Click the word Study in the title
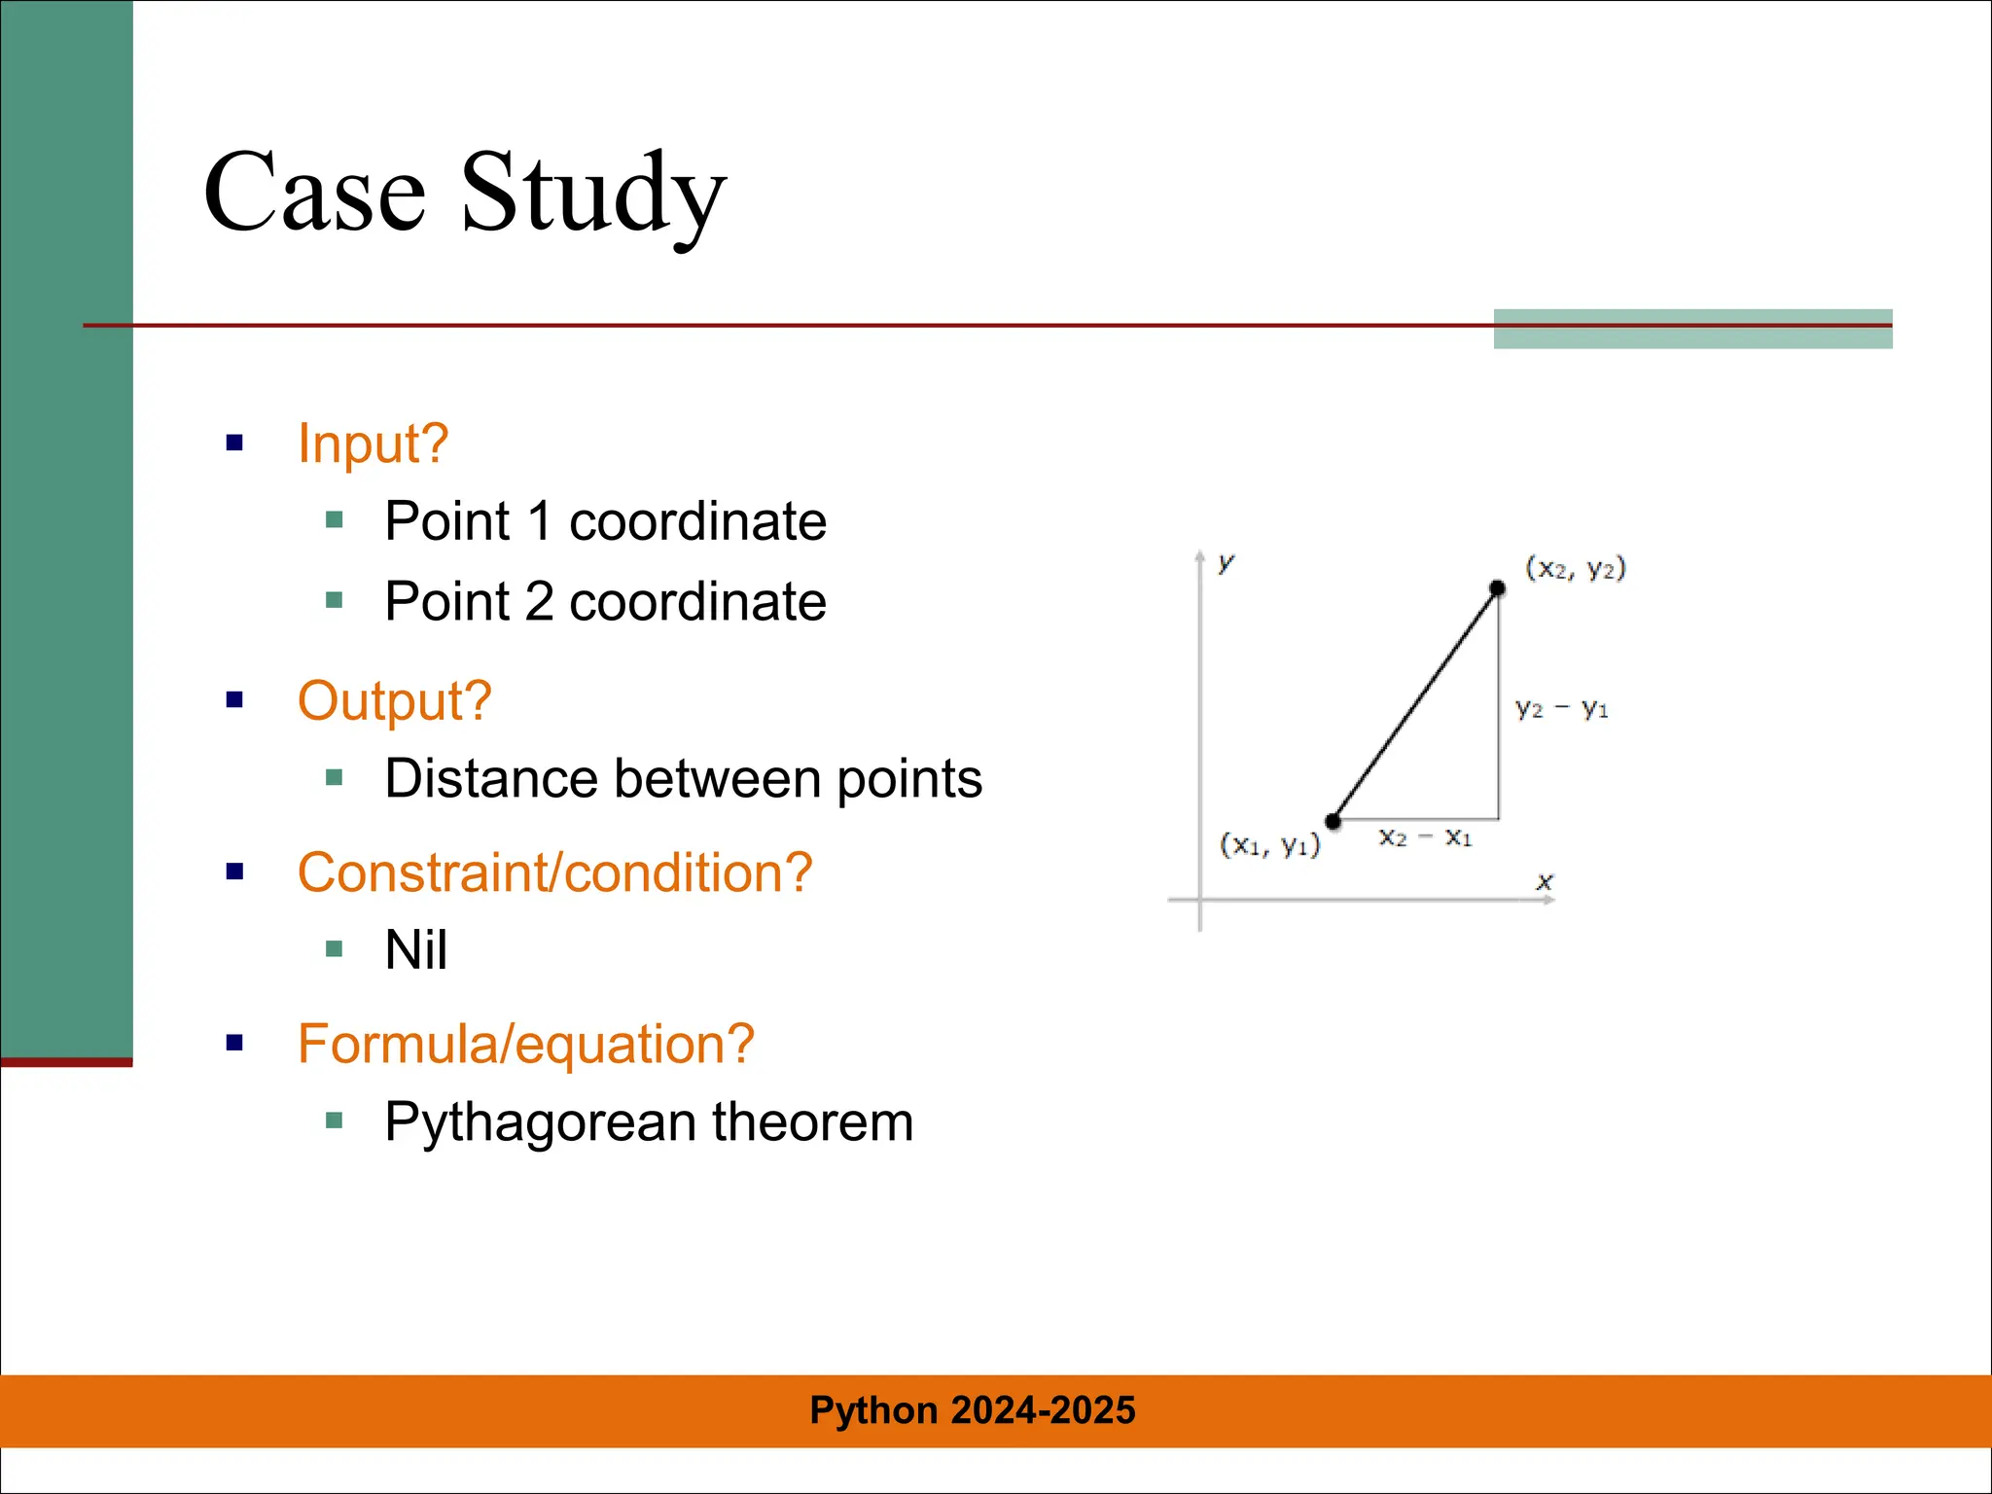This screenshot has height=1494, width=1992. (x=593, y=195)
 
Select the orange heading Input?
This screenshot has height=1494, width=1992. (x=373, y=444)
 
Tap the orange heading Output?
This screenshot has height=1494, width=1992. (x=394, y=700)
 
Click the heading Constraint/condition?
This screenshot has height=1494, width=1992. (x=554, y=872)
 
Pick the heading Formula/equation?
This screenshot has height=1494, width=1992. (x=525, y=1044)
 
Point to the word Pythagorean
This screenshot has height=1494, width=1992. (x=541, y=1122)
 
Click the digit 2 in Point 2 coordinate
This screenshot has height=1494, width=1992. (x=539, y=601)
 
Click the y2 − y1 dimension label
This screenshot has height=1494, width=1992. (x=1561, y=709)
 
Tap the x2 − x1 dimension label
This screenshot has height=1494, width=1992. (x=1425, y=837)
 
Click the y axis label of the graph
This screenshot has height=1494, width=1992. (x=1226, y=562)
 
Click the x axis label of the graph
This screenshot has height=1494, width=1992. (x=1544, y=882)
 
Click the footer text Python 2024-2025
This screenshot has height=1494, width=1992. (x=972, y=1410)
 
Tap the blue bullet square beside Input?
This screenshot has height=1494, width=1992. (x=234, y=444)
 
